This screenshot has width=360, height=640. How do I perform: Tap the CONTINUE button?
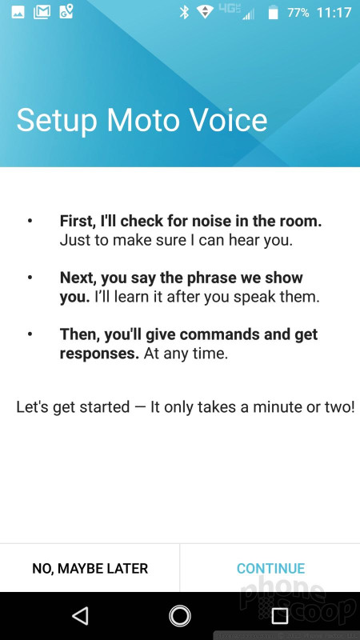click(270, 568)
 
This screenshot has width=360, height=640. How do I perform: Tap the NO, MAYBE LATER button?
click(90, 568)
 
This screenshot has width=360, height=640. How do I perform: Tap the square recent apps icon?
click(279, 616)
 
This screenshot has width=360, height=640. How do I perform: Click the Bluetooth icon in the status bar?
click(185, 12)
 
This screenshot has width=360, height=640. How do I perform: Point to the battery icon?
click(273, 13)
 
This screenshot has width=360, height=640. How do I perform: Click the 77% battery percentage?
click(298, 13)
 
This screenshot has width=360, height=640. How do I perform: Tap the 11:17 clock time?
click(334, 13)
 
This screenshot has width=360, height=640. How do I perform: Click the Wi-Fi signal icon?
click(206, 12)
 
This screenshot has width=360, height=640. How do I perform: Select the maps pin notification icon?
click(66, 11)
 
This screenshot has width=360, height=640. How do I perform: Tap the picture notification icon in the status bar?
click(18, 12)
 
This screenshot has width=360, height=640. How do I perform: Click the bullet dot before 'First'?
click(30, 221)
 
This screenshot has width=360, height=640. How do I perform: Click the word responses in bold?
click(99, 354)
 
